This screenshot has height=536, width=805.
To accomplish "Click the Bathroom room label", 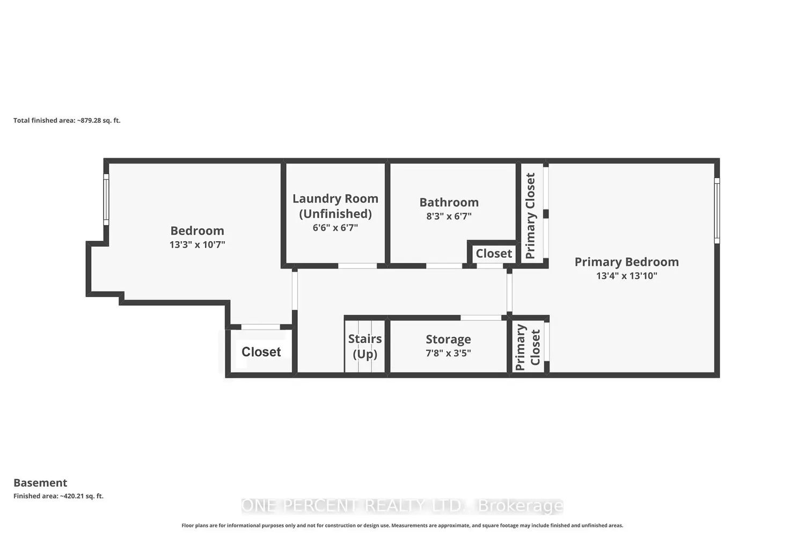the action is click(x=449, y=203).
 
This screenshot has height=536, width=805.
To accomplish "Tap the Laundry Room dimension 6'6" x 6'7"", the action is click(x=335, y=228).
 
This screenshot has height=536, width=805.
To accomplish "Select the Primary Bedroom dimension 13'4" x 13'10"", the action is click(x=627, y=276).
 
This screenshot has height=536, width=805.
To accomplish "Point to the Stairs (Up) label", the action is click(x=365, y=346).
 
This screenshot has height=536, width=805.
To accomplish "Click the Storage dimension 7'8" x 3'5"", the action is click(x=448, y=353).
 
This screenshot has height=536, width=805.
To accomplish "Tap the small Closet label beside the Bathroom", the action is click(x=494, y=254).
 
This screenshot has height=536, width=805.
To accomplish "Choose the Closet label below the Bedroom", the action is click(x=261, y=352).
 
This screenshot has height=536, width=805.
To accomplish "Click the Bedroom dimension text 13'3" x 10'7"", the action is click(x=197, y=244).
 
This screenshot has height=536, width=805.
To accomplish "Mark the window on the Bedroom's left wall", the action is click(x=106, y=199).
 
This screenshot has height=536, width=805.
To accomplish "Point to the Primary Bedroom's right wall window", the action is click(x=716, y=210).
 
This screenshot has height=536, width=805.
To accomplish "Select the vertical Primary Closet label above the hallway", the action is click(x=530, y=216).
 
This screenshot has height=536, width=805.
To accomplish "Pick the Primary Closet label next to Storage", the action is click(x=528, y=347).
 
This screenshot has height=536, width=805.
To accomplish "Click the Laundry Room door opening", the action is click(x=357, y=266).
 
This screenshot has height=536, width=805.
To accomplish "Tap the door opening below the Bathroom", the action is click(x=444, y=266).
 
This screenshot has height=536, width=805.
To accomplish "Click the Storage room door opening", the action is click(x=481, y=318).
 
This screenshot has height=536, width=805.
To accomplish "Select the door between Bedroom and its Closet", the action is click(x=260, y=327).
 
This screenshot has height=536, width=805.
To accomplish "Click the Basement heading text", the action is click(x=40, y=482).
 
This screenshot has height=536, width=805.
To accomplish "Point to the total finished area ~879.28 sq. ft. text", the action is click(x=67, y=120).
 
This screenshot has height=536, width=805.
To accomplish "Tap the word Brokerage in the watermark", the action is click(x=521, y=506).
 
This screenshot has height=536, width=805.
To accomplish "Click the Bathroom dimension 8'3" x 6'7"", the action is click(x=449, y=216).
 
